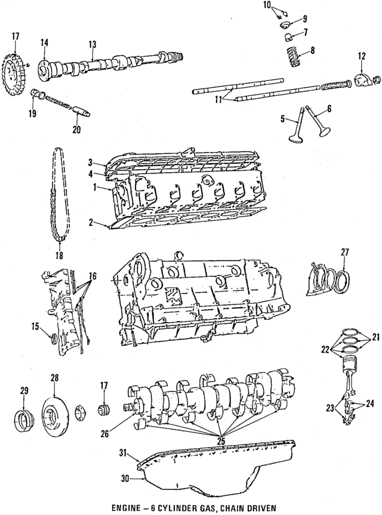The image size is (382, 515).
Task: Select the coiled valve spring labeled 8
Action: [x=297, y=58]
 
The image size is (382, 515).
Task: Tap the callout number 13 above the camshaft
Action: [x=92, y=44]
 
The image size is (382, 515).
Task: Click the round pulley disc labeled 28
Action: [x=54, y=414]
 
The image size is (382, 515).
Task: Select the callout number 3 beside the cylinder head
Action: [x=90, y=162]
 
